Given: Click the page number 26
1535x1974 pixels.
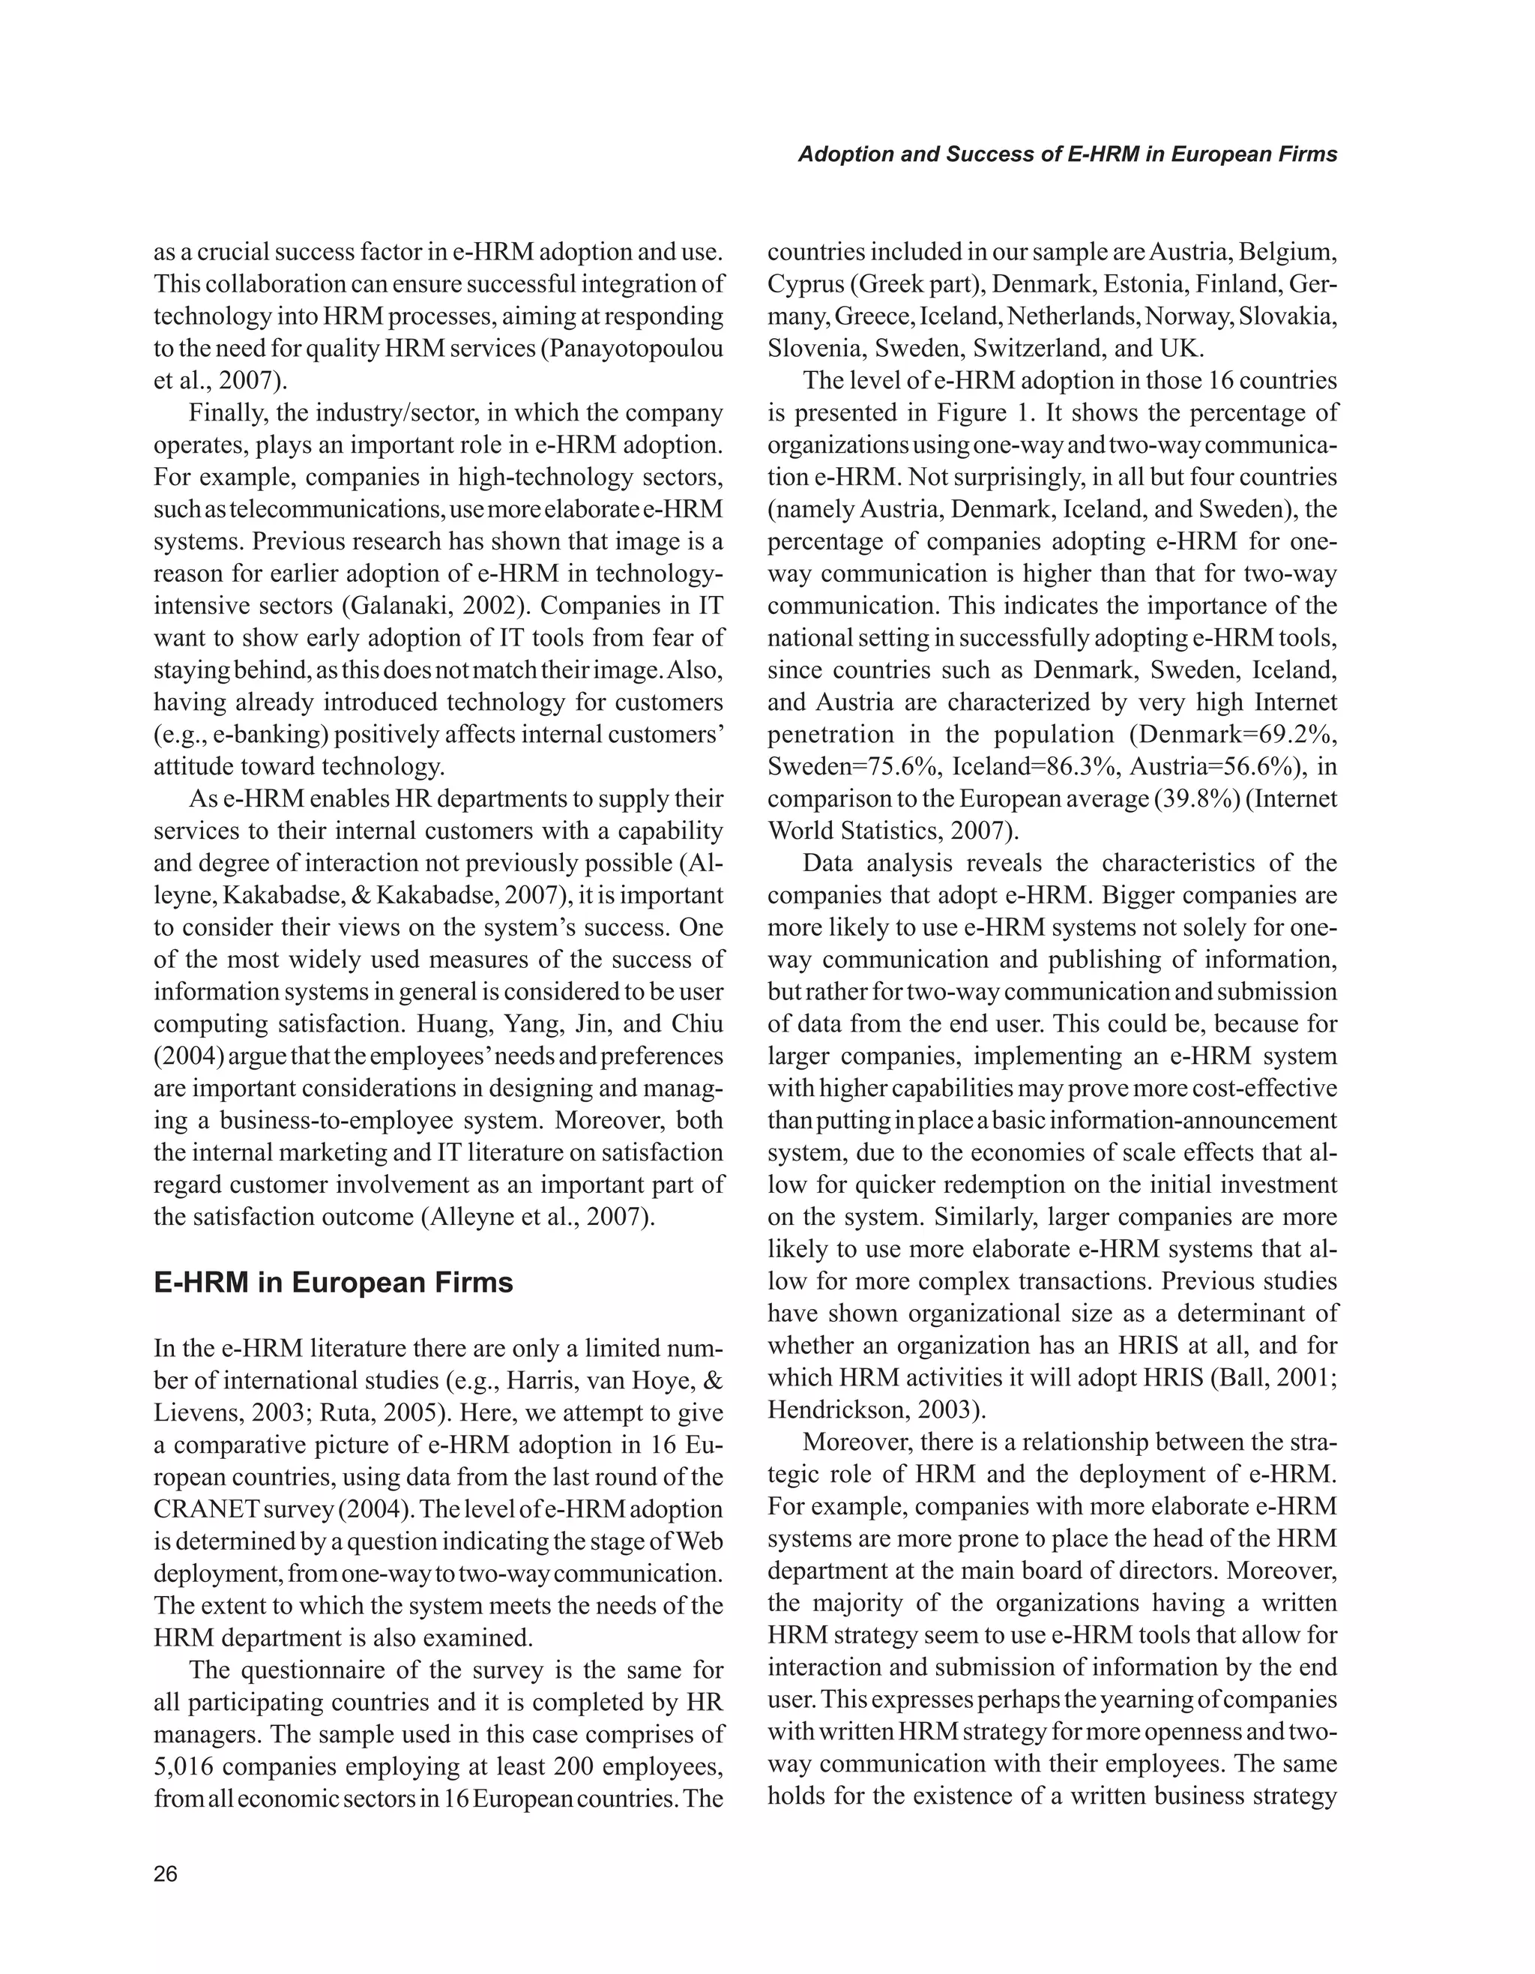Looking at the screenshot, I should [x=166, y=1874].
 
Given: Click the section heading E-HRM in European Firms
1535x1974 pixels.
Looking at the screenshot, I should [x=334, y=1283].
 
